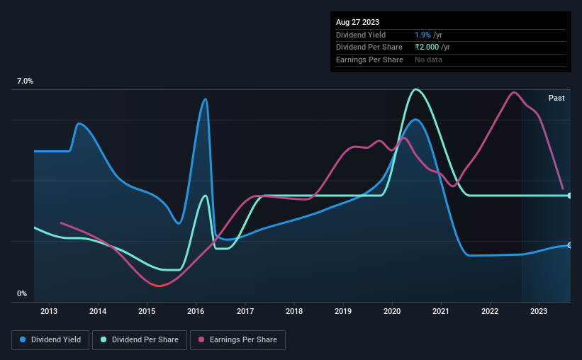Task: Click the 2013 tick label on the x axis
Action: (x=49, y=311)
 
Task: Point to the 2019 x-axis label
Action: (x=343, y=311)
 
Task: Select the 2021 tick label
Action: (x=441, y=311)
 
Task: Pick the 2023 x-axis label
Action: (x=539, y=311)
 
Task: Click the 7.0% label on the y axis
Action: (x=25, y=81)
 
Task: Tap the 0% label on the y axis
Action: (x=22, y=293)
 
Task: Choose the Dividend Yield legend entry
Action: (x=50, y=340)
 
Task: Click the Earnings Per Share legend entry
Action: (x=239, y=340)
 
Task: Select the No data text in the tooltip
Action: (x=429, y=60)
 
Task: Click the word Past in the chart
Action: (x=556, y=98)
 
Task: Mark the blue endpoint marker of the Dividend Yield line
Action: (x=570, y=245)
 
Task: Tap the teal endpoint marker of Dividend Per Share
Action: (x=570, y=196)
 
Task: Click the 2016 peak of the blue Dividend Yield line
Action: (x=205, y=99)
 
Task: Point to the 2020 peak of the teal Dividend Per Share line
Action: (x=415, y=89)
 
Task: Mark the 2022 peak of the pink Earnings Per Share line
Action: (x=513, y=92)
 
